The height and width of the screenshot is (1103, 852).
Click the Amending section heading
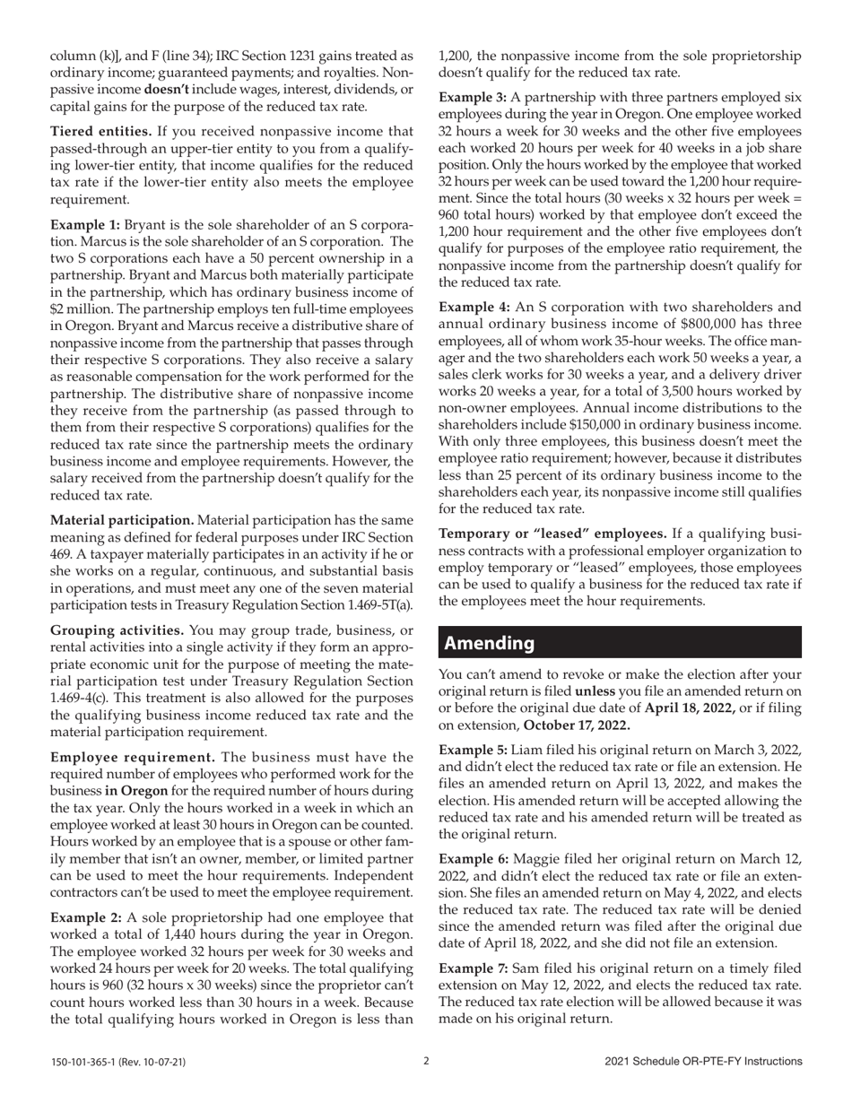(490, 643)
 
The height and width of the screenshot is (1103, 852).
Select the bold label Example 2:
(84, 917)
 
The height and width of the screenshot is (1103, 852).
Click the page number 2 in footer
(426, 1061)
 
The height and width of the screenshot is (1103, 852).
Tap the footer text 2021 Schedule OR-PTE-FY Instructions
(703, 1062)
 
